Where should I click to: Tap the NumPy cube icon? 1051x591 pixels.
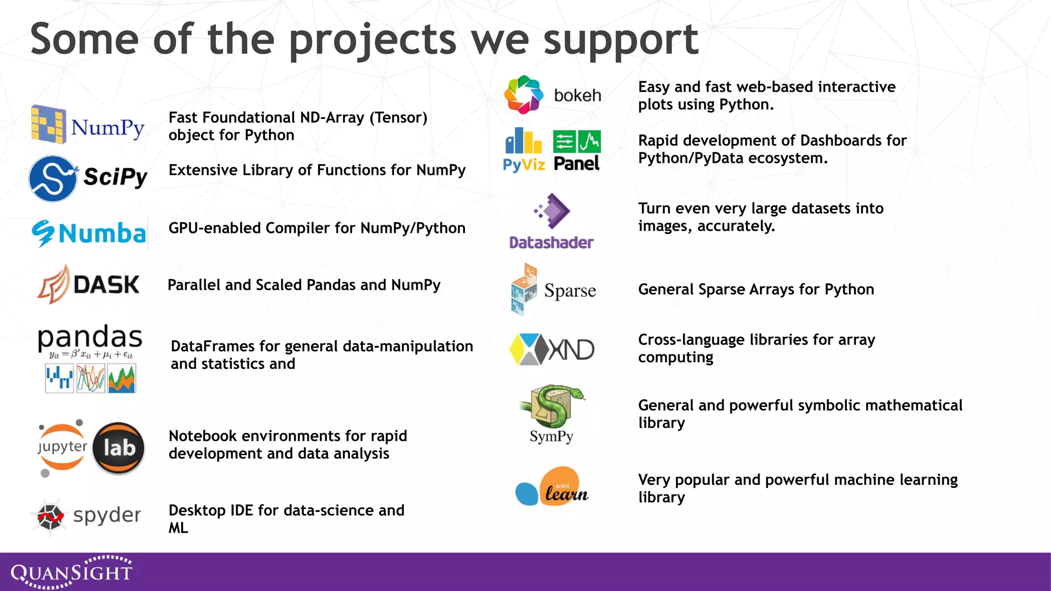(48, 124)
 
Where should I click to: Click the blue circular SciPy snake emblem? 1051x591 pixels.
(53, 179)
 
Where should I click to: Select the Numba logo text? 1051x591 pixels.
(102, 233)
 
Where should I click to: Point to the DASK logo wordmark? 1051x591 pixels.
(106, 285)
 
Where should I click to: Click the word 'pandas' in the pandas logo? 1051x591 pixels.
(90, 338)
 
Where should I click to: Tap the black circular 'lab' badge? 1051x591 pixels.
(119, 448)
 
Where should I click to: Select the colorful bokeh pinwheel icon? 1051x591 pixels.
(523, 94)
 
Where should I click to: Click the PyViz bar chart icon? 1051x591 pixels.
(523, 141)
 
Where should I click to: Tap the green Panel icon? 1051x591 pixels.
(577, 142)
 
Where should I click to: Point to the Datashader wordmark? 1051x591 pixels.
(551, 243)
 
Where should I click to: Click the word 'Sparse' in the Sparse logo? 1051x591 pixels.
(570, 290)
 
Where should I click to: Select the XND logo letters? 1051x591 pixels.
(571, 350)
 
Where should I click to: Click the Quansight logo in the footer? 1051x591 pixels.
(71, 572)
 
